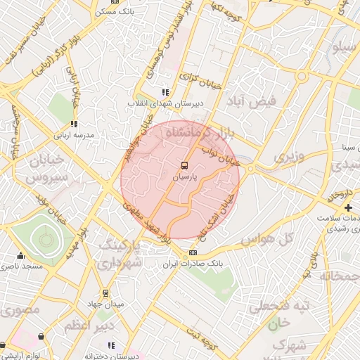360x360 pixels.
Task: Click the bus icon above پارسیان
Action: (x=184, y=166)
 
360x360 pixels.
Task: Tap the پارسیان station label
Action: (x=185, y=178)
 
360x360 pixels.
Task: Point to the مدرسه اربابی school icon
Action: (x=75, y=124)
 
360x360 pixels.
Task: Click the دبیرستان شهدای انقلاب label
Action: (x=165, y=103)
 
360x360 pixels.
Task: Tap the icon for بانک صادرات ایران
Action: (x=193, y=253)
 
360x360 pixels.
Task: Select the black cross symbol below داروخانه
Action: (x=348, y=207)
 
